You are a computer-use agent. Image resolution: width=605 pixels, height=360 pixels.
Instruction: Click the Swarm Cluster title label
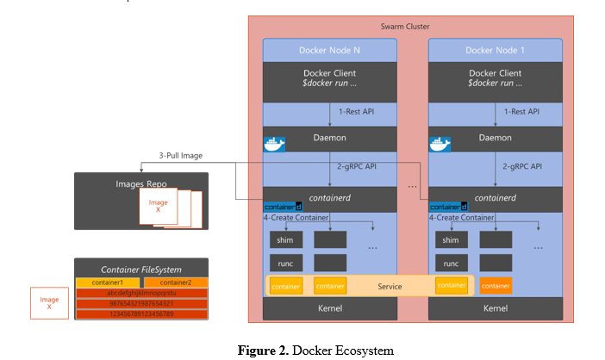click(x=404, y=27)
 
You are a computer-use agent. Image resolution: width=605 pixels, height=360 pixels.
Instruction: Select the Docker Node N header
click(x=330, y=50)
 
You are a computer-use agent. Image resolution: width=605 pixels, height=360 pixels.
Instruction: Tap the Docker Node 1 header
click(x=496, y=50)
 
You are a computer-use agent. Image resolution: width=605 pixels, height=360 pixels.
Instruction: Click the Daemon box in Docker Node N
click(x=330, y=138)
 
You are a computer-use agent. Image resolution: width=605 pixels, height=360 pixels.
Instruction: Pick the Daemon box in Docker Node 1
click(x=496, y=138)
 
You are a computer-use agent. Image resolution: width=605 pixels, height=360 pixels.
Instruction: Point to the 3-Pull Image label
click(x=181, y=156)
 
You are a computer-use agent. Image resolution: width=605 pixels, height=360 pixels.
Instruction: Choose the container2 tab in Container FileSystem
click(x=175, y=282)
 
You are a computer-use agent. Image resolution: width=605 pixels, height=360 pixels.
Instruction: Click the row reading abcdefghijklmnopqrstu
click(x=141, y=293)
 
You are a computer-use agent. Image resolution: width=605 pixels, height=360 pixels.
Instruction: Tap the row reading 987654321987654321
click(x=141, y=303)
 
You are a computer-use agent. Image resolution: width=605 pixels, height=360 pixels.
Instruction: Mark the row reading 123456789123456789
click(x=141, y=313)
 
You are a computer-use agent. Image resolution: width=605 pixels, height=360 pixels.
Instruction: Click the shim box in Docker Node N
click(x=285, y=239)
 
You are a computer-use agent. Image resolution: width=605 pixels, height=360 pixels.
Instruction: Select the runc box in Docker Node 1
click(x=451, y=263)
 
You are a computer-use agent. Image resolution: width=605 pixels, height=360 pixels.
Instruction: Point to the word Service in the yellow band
click(x=390, y=285)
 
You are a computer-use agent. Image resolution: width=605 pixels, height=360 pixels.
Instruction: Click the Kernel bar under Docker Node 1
click(x=496, y=307)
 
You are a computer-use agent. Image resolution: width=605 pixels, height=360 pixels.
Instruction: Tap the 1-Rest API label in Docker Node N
click(x=355, y=111)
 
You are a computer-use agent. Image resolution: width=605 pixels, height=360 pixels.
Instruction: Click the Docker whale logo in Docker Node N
click(x=274, y=143)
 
